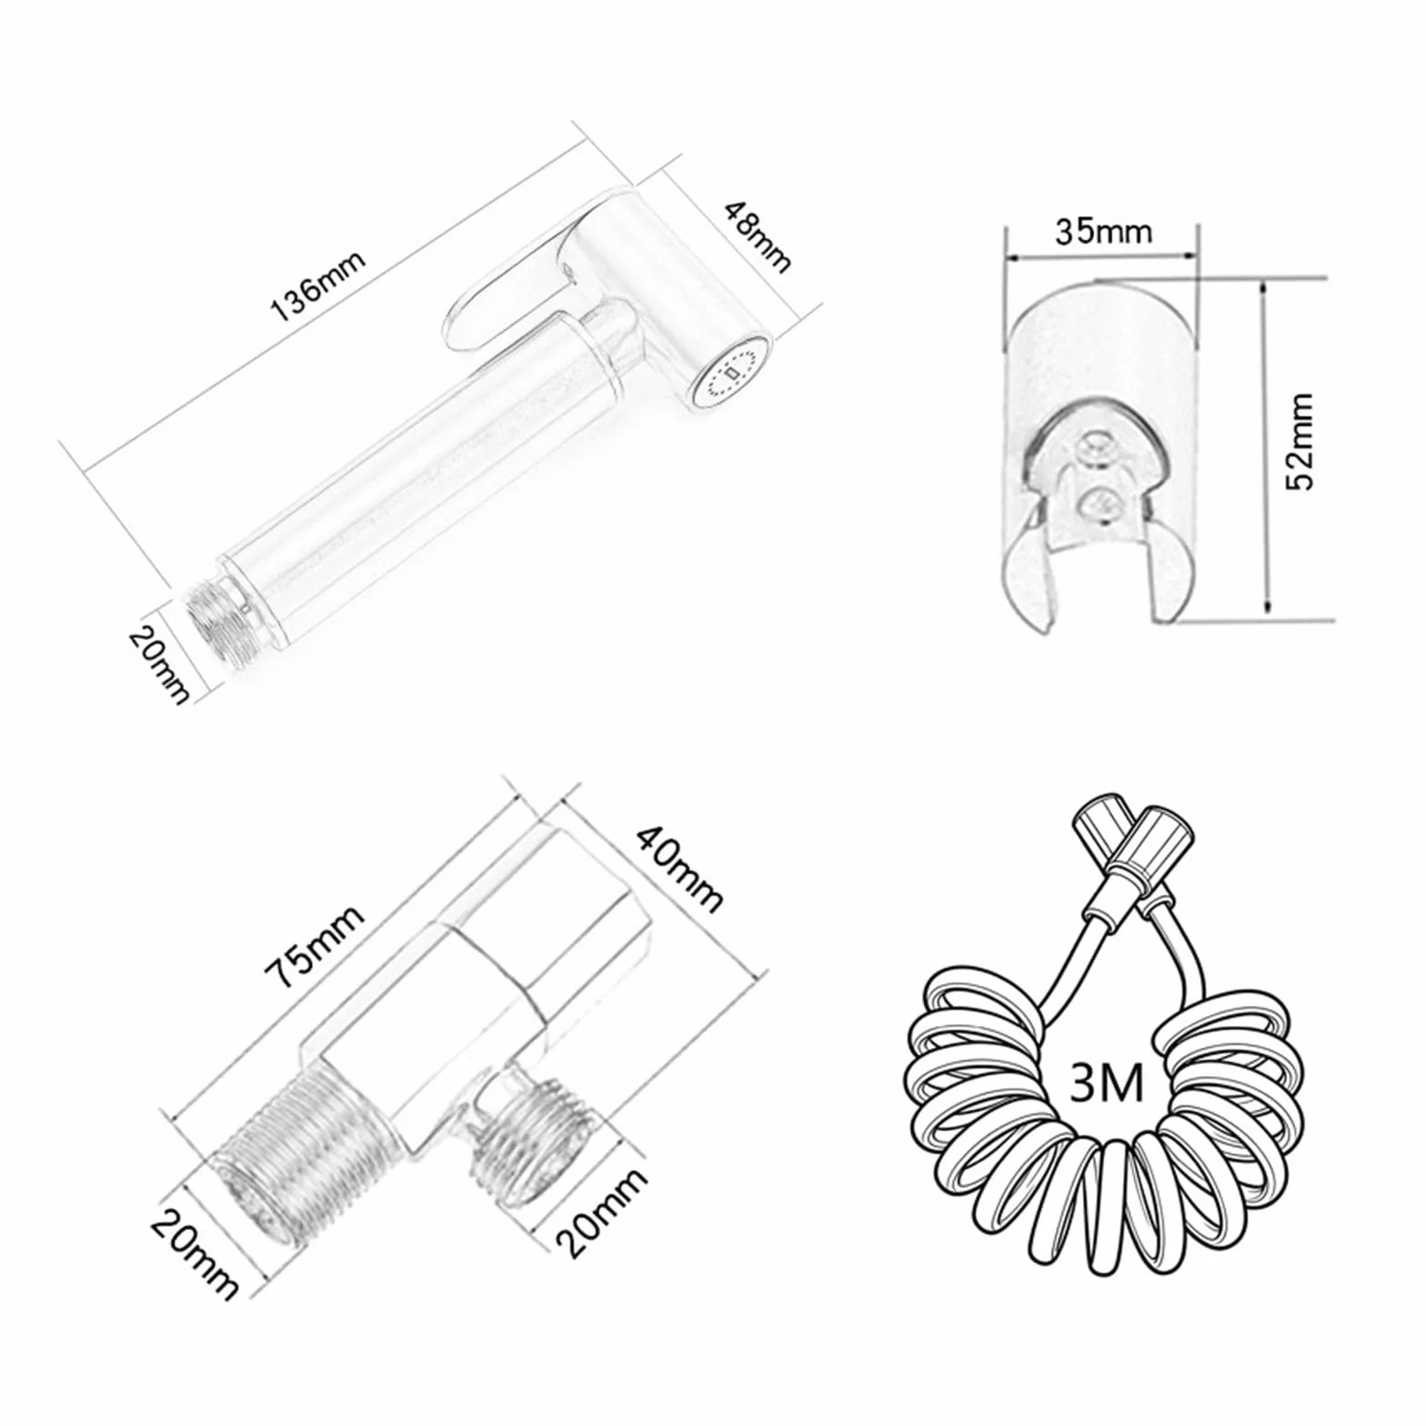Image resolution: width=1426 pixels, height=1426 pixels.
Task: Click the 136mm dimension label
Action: (318, 285)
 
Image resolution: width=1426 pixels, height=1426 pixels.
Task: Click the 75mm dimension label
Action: (315, 946)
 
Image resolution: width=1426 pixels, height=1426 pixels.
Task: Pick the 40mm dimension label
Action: (679, 868)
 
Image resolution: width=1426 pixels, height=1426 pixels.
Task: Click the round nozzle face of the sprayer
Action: (730, 373)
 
